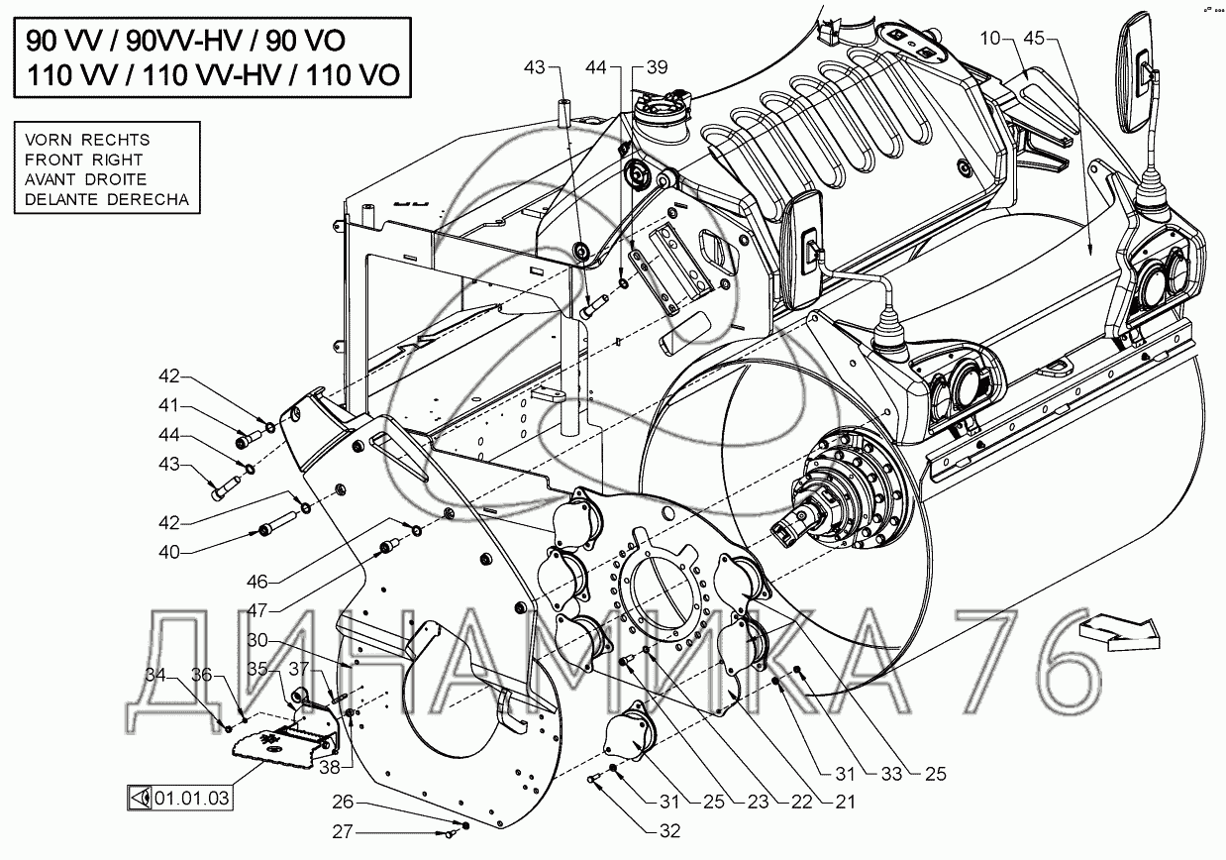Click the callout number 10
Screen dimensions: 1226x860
pos(990,39)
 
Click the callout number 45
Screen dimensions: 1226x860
pos(1034,39)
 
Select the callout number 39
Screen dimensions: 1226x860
pos(657,67)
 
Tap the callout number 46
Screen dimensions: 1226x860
pos(257,582)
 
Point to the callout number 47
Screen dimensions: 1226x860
pos(257,610)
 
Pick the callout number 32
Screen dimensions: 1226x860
pos(669,831)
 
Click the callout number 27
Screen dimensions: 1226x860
pos(344,832)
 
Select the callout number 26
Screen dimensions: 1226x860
pos(344,803)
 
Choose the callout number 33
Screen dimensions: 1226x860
pos(891,774)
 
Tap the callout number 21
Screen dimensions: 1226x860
pos(845,802)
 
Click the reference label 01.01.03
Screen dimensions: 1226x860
pos(191,799)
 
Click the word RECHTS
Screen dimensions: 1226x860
pos(116,140)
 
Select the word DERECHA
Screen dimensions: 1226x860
pos(149,199)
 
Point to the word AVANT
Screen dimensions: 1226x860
pos(51,179)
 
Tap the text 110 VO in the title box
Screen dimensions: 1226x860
pos(354,75)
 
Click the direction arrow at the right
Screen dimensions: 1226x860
pos(1119,633)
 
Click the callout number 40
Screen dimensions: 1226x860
pos(169,552)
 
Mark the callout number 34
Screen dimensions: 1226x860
pos(156,675)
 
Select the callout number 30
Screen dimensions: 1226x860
pos(257,640)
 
